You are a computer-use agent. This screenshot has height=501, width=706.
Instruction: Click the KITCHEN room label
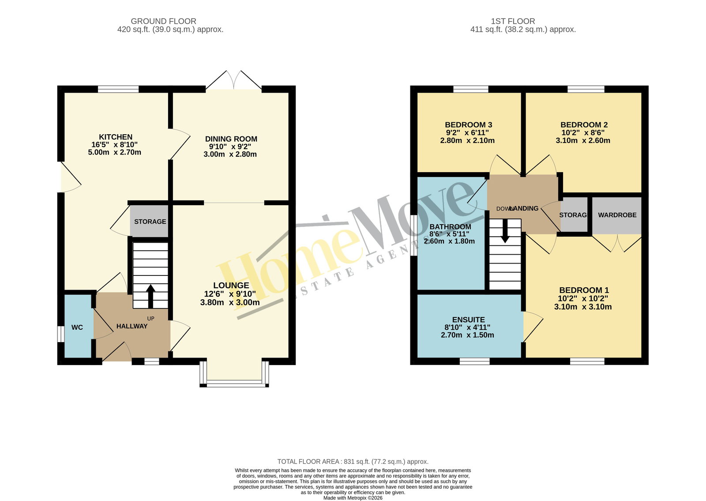(x=116, y=137)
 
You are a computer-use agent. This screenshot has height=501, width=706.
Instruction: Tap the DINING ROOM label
(x=231, y=139)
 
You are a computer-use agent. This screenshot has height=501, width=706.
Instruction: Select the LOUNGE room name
(x=231, y=285)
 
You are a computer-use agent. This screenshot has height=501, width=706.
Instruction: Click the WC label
(x=77, y=327)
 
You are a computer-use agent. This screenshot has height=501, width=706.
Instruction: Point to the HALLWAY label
(x=132, y=326)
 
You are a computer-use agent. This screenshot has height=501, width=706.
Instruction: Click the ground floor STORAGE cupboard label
(x=150, y=222)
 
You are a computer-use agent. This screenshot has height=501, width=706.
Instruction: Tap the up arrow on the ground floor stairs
(x=150, y=296)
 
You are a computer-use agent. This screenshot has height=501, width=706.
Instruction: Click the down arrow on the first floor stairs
(x=505, y=231)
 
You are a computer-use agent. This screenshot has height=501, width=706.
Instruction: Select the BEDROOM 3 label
(x=468, y=125)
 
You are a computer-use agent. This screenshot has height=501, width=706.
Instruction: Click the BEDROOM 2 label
(x=584, y=125)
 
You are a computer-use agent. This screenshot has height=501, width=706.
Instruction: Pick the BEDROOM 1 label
(x=584, y=290)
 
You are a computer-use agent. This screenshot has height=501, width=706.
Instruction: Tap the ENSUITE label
(x=468, y=320)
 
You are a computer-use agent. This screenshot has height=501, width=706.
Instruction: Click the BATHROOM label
(x=450, y=226)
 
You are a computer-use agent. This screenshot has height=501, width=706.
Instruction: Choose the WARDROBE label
(x=617, y=215)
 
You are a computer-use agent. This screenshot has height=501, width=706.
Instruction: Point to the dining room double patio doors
(x=234, y=80)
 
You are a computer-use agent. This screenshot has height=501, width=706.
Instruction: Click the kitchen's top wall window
(x=118, y=89)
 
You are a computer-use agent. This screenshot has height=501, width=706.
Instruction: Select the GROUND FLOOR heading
(x=164, y=21)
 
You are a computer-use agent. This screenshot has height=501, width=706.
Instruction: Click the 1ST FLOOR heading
(x=513, y=21)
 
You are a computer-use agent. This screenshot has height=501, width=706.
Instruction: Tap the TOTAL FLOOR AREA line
(x=353, y=462)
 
